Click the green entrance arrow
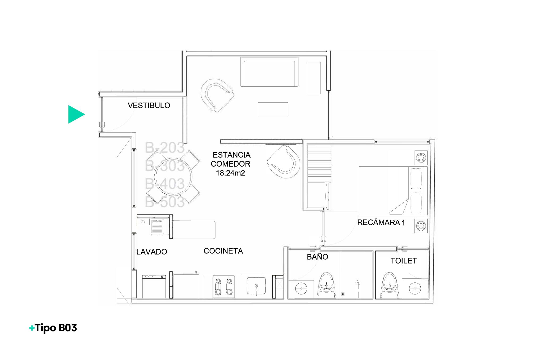[x=76, y=115]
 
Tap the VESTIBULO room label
[x=149, y=105]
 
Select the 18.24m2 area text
[x=230, y=173]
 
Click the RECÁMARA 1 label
[x=381, y=222]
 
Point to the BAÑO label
[x=317, y=257]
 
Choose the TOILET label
[x=403, y=261]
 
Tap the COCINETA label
[x=223, y=251]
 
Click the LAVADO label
[x=151, y=252]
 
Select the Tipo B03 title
[x=53, y=328]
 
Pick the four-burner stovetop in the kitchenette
[x=223, y=286]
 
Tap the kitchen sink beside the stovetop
[x=256, y=286]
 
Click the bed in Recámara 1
[x=393, y=190]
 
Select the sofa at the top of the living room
[x=269, y=72]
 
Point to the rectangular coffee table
[x=273, y=109]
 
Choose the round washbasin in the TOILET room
[x=415, y=288]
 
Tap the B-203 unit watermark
[x=165, y=148]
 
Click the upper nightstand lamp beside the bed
[x=421, y=158]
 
